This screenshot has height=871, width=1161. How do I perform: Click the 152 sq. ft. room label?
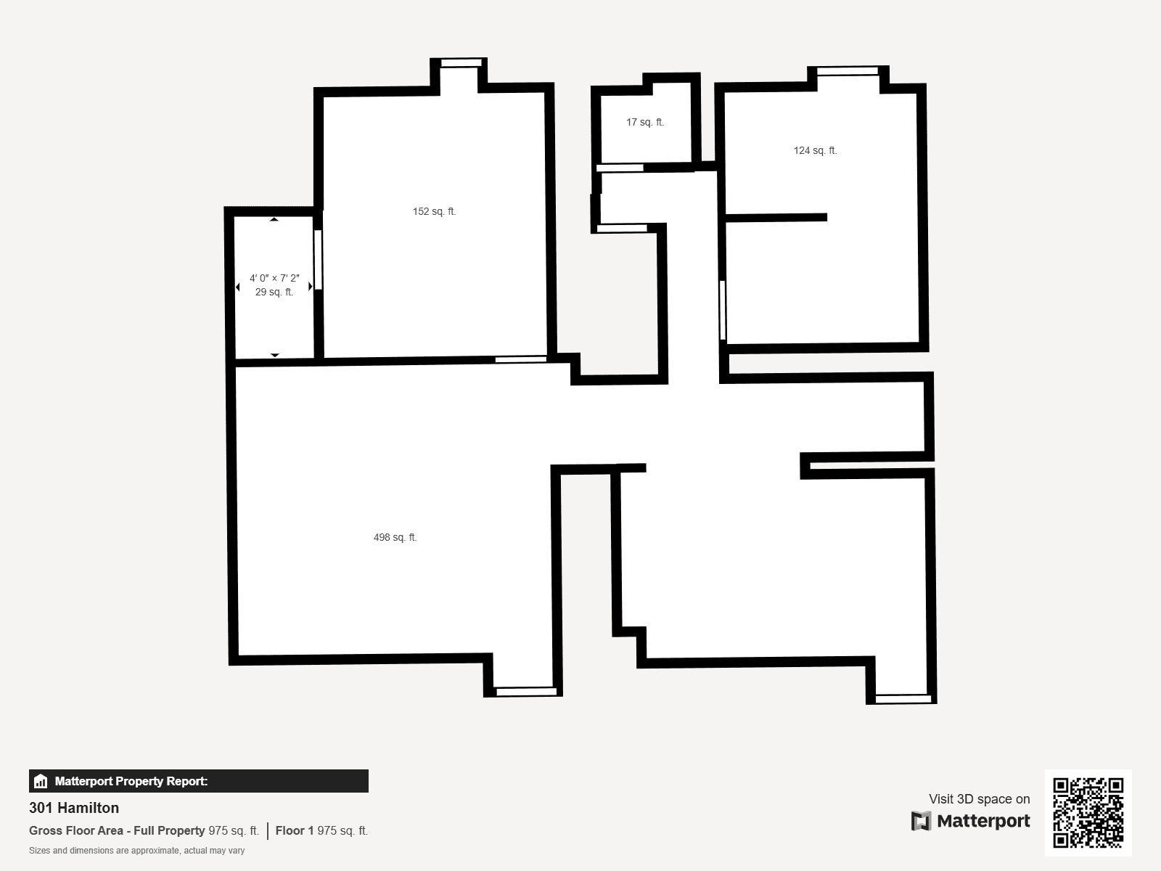click(434, 211)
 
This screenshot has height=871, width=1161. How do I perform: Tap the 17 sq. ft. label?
click(645, 122)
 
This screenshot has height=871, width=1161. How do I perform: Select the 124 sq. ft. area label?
click(815, 151)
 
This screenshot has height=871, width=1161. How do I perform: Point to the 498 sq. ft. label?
click(395, 537)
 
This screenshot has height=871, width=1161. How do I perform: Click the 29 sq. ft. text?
click(274, 292)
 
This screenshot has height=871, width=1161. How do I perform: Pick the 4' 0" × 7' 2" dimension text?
click(274, 278)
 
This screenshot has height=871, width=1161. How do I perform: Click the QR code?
click(1088, 812)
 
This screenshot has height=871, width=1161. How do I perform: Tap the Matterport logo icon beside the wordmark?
click(921, 821)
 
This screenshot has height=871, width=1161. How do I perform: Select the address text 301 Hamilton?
click(74, 808)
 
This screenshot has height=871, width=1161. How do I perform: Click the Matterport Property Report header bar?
click(198, 781)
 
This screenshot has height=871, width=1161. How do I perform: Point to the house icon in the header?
click(41, 781)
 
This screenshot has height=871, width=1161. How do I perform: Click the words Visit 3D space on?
click(979, 799)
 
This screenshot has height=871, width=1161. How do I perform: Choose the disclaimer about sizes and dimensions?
click(136, 851)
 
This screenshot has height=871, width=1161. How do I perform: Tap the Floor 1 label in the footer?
click(295, 831)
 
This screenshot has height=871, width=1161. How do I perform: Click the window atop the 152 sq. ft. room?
click(461, 63)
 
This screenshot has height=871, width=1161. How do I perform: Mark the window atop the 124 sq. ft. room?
click(848, 71)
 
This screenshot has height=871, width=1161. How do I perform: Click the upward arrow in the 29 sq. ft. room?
click(274, 219)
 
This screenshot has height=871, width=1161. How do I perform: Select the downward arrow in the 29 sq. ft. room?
click(274, 356)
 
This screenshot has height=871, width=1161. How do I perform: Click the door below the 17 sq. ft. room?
click(620, 168)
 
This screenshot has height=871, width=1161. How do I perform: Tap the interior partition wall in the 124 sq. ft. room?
click(776, 217)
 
